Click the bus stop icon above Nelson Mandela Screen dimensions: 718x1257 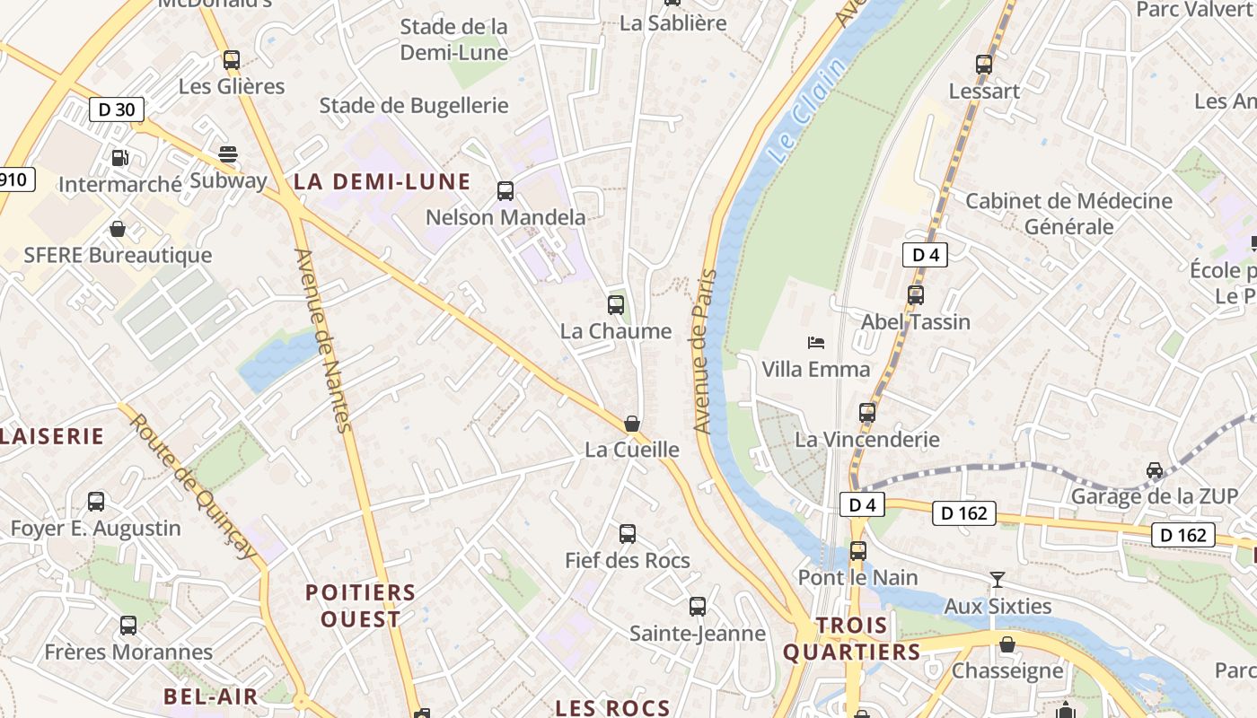click(x=505, y=190)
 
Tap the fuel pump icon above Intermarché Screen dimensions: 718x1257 click(x=119, y=158)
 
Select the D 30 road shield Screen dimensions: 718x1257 click(x=117, y=110)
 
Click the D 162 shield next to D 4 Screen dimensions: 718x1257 click(x=965, y=512)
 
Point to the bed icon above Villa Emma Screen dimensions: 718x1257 click(x=816, y=342)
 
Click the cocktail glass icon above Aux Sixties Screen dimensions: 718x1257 click(x=997, y=579)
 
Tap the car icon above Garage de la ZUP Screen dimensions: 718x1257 click(x=1155, y=469)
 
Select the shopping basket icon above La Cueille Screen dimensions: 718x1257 click(x=632, y=423)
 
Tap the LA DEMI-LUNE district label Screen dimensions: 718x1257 click(x=382, y=181)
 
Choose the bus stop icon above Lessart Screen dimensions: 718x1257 click(x=984, y=64)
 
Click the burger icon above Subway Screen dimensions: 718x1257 click(x=228, y=153)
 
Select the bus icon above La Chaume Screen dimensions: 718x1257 click(x=616, y=304)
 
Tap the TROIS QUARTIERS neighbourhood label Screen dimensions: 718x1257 click(x=851, y=639)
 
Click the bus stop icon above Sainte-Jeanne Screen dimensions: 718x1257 click(x=698, y=607)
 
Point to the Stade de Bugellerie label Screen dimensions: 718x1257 click(x=414, y=105)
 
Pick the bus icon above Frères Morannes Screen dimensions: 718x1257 click(x=128, y=625)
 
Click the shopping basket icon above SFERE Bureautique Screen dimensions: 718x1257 click(x=118, y=229)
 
